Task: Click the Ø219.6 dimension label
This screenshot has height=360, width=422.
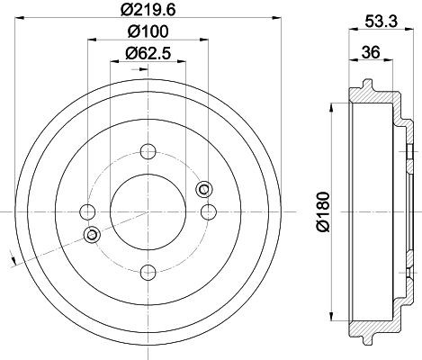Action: click(148, 10)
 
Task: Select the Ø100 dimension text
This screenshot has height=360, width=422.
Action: click(148, 31)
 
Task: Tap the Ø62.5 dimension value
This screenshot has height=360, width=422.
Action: click(148, 53)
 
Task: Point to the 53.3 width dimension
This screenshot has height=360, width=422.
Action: click(381, 22)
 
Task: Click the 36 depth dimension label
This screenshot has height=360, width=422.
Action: click(371, 52)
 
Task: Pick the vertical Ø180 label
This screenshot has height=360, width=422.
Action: click(323, 212)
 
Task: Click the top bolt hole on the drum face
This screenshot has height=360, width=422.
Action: click(148, 151)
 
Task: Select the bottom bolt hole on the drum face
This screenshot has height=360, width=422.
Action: click(148, 273)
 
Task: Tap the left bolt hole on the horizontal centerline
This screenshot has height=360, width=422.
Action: click(87, 212)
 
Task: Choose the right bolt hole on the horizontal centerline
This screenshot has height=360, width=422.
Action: click(209, 212)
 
